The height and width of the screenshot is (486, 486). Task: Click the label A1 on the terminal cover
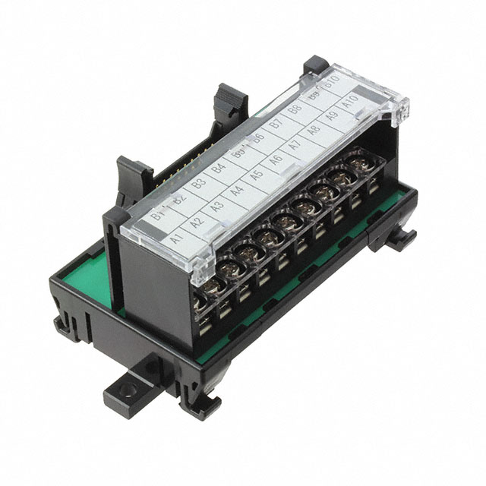coord(178,238)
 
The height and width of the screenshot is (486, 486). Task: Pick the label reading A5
coord(256,177)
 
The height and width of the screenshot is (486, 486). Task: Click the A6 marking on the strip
coord(276,161)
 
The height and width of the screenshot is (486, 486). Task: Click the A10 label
coord(350,103)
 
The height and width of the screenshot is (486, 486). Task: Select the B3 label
coord(199,182)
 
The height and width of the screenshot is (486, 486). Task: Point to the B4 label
coord(219,167)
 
